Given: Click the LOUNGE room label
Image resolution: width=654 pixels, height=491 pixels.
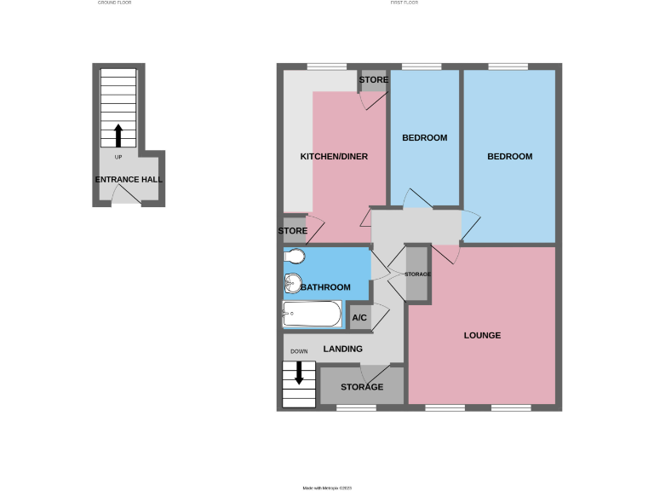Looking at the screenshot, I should click(x=482, y=335).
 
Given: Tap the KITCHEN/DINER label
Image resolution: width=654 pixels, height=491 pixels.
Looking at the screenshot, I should click(x=334, y=157).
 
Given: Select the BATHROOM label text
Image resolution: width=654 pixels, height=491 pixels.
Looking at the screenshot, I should click(x=324, y=287).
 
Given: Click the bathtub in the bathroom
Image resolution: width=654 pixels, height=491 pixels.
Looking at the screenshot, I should click(x=313, y=315).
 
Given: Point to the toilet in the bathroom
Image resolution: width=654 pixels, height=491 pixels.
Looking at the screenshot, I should click(x=295, y=257).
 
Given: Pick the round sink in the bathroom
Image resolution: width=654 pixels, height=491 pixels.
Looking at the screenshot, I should click(x=293, y=281).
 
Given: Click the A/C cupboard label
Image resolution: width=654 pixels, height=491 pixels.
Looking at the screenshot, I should click(x=359, y=318).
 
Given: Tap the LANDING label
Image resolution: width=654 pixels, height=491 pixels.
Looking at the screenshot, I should click(x=343, y=349).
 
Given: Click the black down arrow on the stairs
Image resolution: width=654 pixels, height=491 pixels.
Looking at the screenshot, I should click(x=298, y=372).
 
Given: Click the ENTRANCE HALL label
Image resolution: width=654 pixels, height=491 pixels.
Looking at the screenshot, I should click(x=129, y=180).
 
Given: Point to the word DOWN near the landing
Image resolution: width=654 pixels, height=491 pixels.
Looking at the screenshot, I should click(x=299, y=351).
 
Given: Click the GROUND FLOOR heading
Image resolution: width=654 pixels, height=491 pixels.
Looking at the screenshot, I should click(x=115, y=3).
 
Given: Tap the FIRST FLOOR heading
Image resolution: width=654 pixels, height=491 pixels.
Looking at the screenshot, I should click(x=404, y=3).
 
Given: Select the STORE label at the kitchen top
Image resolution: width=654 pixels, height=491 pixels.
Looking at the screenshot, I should click(x=374, y=80).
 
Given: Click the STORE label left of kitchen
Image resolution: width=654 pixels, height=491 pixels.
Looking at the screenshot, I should click(x=293, y=231).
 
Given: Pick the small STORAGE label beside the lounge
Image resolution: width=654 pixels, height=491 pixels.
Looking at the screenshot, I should click(x=417, y=274).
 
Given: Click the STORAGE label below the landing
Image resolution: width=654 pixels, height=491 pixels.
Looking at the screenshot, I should click(x=362, y=387).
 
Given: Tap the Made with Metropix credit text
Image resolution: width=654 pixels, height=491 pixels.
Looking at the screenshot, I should click(x=328, y=488).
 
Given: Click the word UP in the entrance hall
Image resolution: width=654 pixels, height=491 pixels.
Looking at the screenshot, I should click(x=118, y=157).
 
